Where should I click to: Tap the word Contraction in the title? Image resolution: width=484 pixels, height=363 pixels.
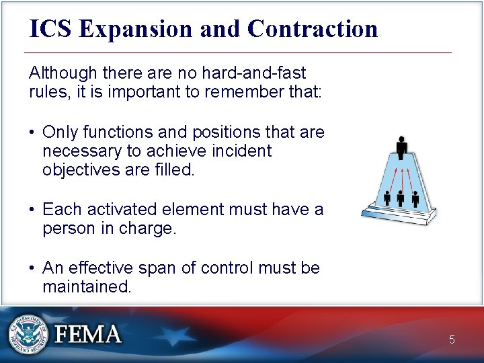point(313,29)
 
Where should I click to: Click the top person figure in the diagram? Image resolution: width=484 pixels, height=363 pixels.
point(401,147)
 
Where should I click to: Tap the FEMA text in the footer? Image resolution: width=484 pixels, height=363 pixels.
point(89,334)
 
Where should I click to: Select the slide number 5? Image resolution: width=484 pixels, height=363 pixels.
point(452,340)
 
